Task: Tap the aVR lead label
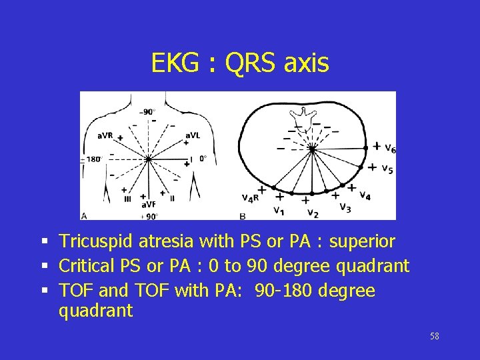click(105, 136)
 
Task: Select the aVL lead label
click(192, 135)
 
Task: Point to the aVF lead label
click(148, 204)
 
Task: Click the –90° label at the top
click(147, 112)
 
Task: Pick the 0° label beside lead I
click(203, 159)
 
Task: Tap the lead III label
click(127, 198)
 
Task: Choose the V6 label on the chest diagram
click(391, 148)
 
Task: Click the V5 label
click(387, 169)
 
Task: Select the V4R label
click(250, 197)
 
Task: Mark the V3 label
click(345, 207)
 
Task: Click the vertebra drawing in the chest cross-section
click(309, 115)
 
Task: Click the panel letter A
click(84, 215)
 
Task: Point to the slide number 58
click(435, 336)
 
